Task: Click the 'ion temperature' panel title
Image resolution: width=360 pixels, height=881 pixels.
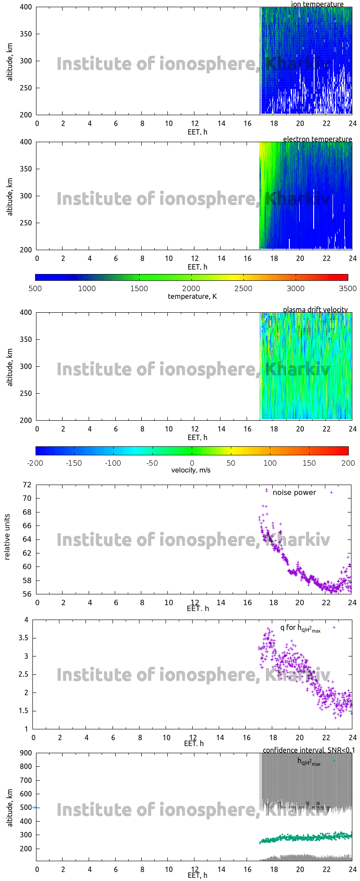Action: (x=317, y=4)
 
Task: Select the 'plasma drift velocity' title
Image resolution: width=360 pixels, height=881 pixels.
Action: (x=315, y=310)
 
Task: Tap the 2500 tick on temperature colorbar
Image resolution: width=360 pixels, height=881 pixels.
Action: (x=243, y=288)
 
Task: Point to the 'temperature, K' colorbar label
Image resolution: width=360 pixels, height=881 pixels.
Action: (x=192, y=296)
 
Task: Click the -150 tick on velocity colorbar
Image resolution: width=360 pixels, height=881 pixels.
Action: (x=74, y=463)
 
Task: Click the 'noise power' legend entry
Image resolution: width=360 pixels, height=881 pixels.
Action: (x=294, y=492)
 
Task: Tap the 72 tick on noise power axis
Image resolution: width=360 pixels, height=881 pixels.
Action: (x=27, y=485)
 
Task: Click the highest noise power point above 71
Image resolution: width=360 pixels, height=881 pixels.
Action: (x=266, y=490)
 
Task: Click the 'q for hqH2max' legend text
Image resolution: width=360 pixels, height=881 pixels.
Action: (x=300, y=628)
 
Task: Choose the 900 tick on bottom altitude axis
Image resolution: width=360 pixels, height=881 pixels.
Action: (x=26, y=753)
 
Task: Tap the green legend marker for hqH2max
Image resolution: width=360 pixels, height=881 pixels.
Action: (x=334, y=761)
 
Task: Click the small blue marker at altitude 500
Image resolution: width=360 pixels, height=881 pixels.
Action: (x=34, y=808)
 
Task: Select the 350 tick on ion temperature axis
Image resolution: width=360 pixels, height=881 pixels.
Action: (x=26, y=34)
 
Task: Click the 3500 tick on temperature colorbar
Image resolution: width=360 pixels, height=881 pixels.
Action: (x=347, y=288)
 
